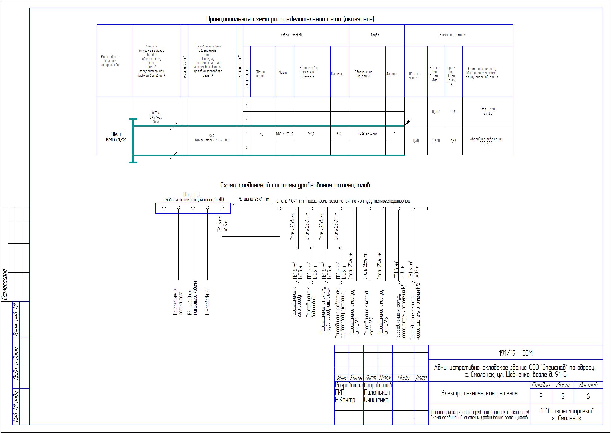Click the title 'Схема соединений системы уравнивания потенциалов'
coord(295,185)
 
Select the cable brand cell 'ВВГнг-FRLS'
coord(284,134)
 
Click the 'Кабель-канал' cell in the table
coord(367,133)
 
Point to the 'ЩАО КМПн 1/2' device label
coord(115,137)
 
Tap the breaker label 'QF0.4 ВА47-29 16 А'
coord(156,117)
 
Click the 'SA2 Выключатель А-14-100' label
coord(212,138)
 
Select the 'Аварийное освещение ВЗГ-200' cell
coord(486,141)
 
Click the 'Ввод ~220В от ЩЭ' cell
coord(488,111)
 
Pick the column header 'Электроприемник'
coord(452,35)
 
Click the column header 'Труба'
coord(375,35)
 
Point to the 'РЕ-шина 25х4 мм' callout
coord(253,199)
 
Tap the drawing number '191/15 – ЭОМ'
coord(516,353)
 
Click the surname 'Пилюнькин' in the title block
coord(377,392)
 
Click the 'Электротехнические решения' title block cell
coord(479,393)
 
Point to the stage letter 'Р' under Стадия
coord(541,396)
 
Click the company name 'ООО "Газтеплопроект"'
coord(566,411)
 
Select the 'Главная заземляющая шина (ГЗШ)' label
coord(193,200)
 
